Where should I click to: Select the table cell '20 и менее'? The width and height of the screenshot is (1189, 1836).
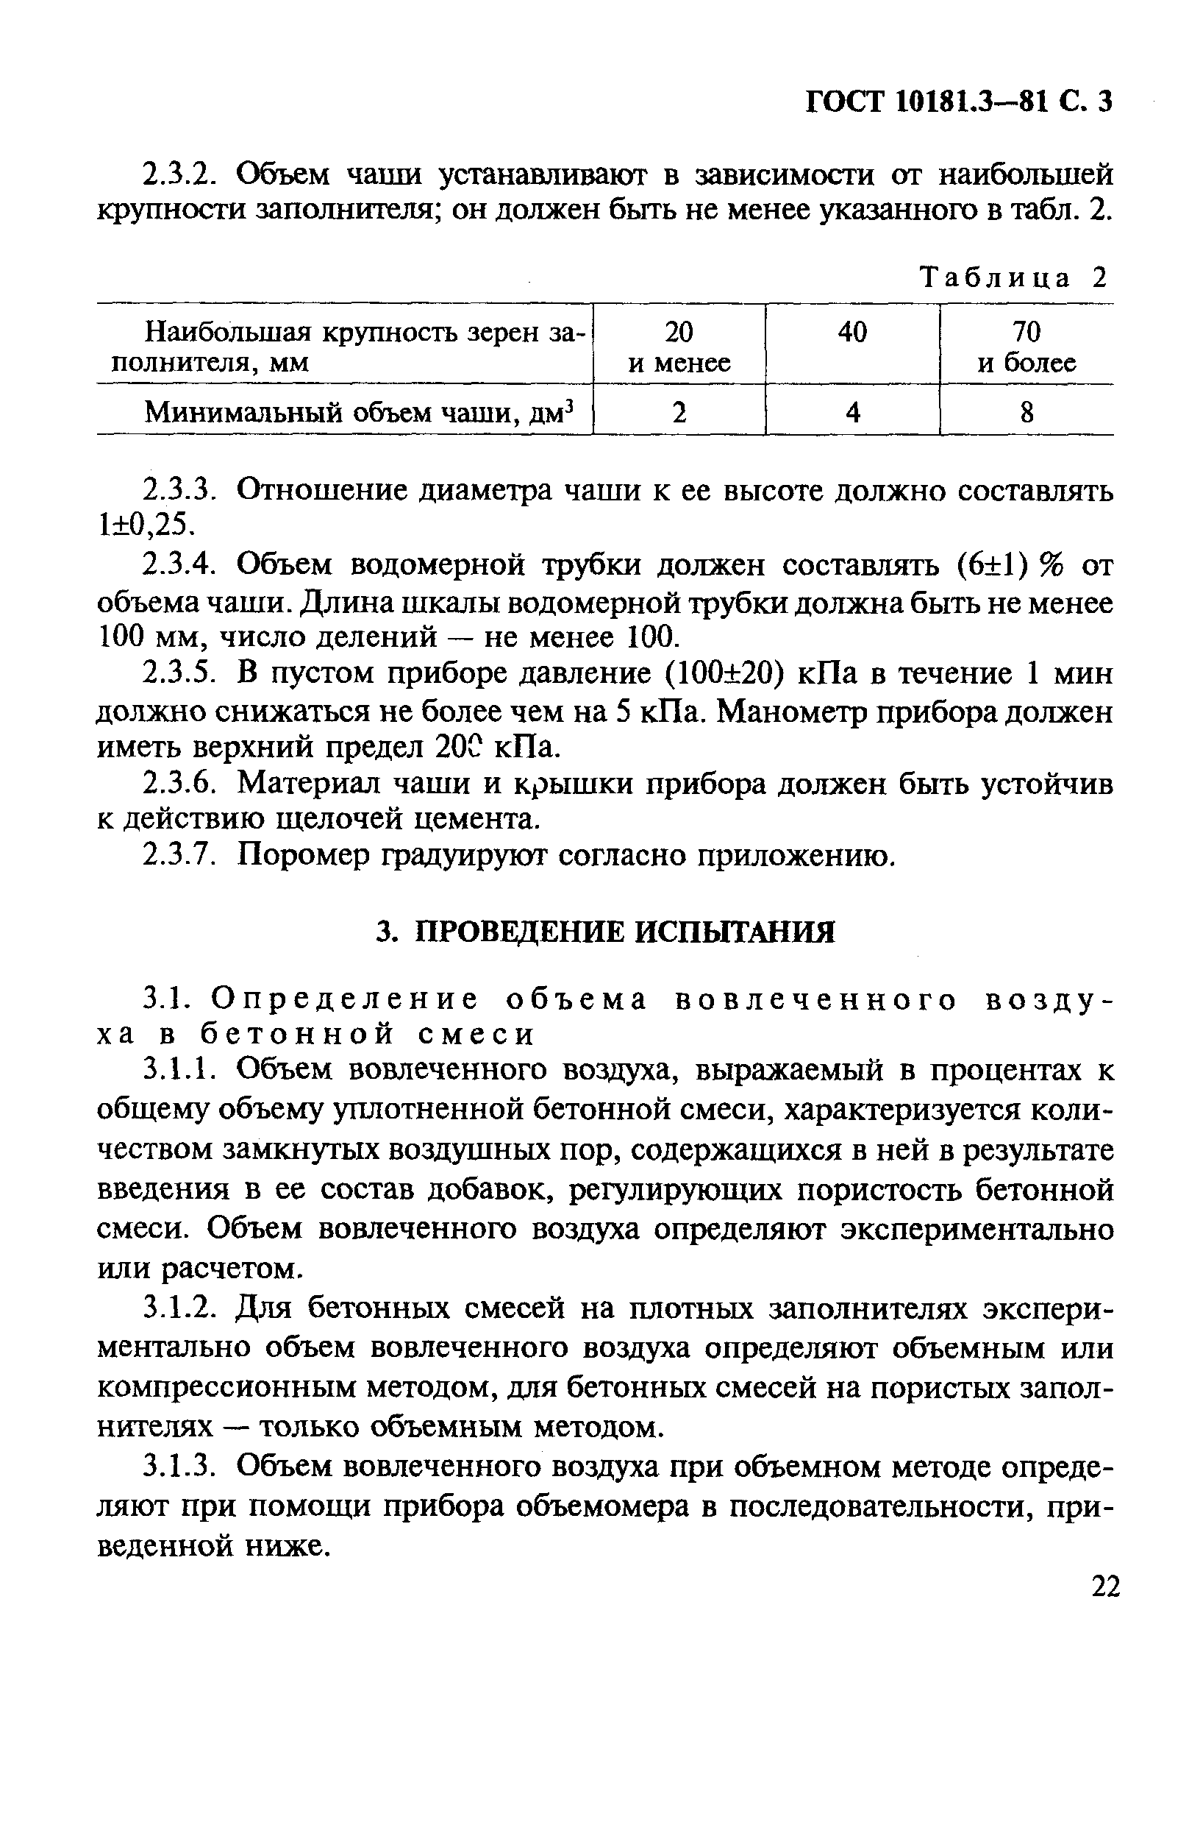pyautogui.click(x=679, y=347)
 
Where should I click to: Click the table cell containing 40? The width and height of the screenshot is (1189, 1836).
pyautogui.click(x=852, y=333)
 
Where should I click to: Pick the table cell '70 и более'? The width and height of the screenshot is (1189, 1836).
pyautogui.click(x=1026, y=347)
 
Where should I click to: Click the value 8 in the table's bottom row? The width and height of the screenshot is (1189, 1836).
pyautogui.click(x=1026, y=414)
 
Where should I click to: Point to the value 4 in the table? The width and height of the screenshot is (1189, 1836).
pyautogui.click(x=852, y=414)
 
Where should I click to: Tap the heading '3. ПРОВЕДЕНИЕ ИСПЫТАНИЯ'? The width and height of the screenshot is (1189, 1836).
pyautogui.click(x=605, y=932)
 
